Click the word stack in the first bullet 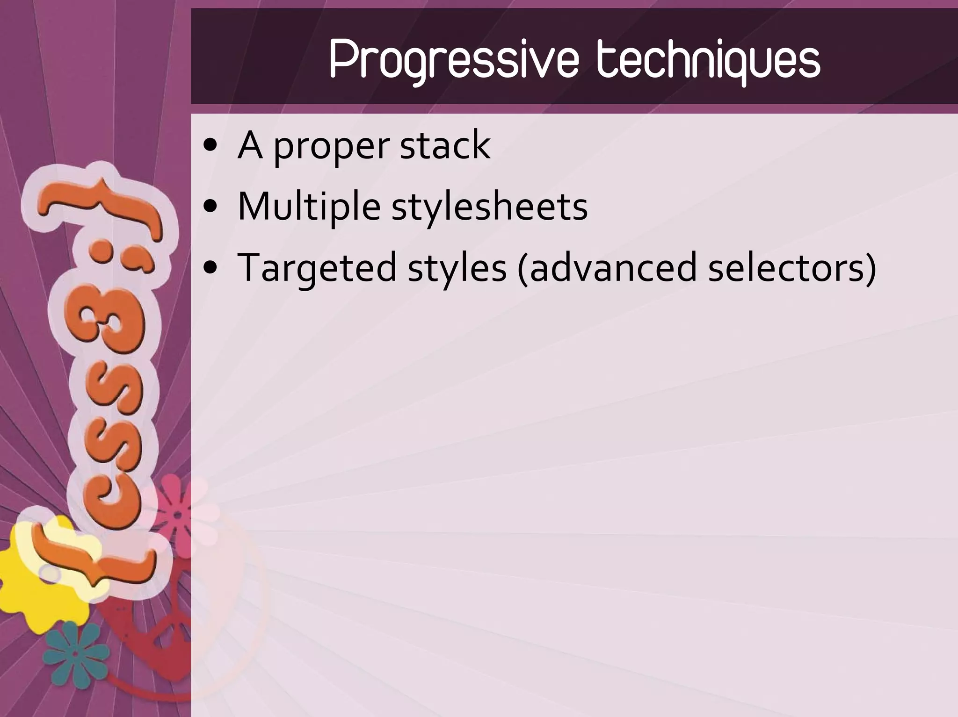pos(445,145)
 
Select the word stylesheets pos(489,208)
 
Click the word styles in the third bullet pos(457,269)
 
